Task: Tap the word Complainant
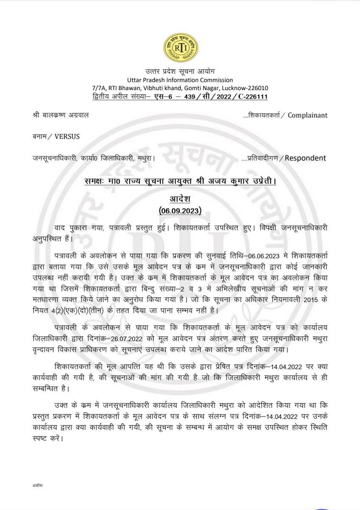[x=308, y=115]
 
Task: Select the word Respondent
[x=305, y=158]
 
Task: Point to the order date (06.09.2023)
[x=180, y=210]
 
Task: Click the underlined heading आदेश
[x=180, y=199]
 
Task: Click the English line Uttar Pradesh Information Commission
[x=180, y=79]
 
